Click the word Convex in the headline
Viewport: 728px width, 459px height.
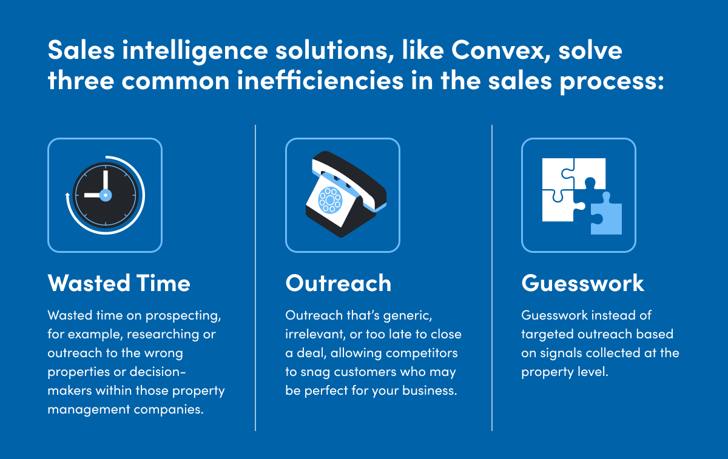tap(497, 50)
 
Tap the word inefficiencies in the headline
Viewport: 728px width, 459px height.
tap(320, 80)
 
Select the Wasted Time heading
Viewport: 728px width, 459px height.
tap(119, 283)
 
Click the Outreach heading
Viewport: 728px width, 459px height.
tap(339, 283)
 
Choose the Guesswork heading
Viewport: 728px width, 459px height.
tap(583, 283)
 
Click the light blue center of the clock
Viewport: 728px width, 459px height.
tap(106, 195)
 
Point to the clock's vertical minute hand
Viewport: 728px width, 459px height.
tap(106, 180)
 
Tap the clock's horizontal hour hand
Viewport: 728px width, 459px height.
tap(93, 195)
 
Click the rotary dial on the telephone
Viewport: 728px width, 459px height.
tap(330, 200)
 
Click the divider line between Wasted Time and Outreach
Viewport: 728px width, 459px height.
tap(255, 278)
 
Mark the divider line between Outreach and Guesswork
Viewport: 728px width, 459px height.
tap(492, 278)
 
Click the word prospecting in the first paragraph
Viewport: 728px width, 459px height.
tap(183, 316)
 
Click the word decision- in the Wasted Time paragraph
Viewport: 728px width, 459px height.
tap(158, 372)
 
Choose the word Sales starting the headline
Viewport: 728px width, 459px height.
tap(81, 50)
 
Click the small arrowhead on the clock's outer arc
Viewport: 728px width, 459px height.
tap(67, 195)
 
